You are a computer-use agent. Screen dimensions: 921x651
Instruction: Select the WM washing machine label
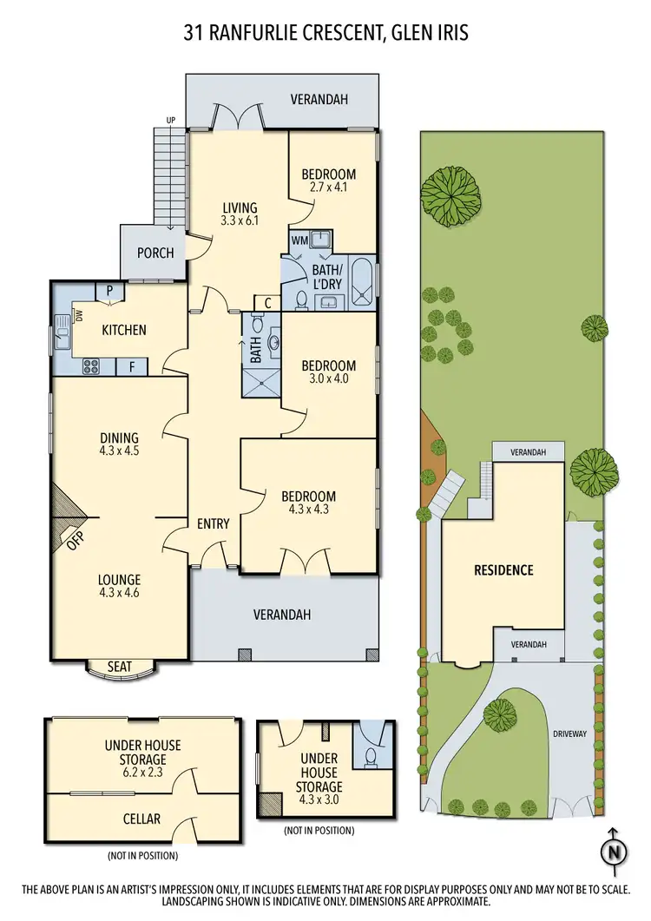click(x=299, y=240)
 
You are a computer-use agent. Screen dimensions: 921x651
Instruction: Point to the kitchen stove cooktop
click(x=89, y=367)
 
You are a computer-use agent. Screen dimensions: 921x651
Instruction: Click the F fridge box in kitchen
click(x=132, y=367)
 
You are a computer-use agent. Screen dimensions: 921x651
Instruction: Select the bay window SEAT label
click(x=119, y=666)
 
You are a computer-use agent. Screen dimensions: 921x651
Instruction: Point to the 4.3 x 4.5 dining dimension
click(x=119, y=451)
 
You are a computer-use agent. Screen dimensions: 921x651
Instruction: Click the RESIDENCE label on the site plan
click(x=503, y=570)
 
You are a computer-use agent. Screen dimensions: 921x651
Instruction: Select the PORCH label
click(x=156, y=253)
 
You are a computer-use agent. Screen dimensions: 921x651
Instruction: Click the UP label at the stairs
click(x=170, y=121)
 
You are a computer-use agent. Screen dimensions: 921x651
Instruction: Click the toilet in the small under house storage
click(x=371, y=757)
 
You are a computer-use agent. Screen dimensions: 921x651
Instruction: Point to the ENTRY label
click(x=213, y=523)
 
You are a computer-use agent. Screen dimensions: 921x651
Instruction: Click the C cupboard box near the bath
click(x=267, y=303)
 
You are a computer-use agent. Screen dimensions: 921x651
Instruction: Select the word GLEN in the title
click(x=408, y=33)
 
